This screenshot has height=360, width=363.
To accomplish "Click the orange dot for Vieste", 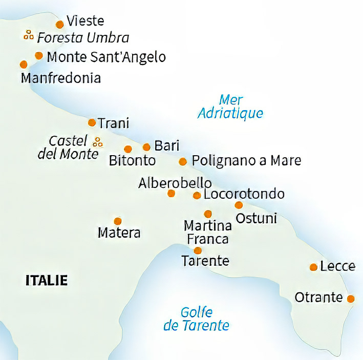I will point(60,24).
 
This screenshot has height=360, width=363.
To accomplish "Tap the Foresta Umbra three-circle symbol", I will point(29,35).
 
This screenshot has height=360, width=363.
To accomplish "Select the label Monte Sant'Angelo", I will point(106,57).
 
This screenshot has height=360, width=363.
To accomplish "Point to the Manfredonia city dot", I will point(23,65).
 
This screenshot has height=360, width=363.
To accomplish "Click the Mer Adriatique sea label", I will point(230,107).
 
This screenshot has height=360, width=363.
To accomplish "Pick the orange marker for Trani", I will point(92,122).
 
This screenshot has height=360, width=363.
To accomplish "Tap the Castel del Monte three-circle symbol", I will point(98,141).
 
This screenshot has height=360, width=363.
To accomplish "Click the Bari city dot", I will point(146,147).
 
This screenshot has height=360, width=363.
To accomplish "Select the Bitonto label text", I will point(132,161).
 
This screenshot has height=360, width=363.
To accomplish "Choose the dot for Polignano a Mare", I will point(183,162).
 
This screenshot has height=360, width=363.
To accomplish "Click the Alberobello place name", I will point(175,183).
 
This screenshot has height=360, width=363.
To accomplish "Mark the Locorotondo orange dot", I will point(197,195).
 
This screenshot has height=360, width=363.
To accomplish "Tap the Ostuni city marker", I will point(239,205).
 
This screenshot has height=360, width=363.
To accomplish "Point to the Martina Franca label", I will point(207,231).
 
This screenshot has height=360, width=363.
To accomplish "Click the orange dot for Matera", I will point(118,221).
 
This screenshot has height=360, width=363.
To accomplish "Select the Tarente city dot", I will point(198,250).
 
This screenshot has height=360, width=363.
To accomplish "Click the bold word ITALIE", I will point(46,280).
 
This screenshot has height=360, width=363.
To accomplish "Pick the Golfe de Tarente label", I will point(196,319).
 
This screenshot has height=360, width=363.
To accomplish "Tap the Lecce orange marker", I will point(313,267).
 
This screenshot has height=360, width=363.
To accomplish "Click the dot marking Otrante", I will point(351,299).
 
